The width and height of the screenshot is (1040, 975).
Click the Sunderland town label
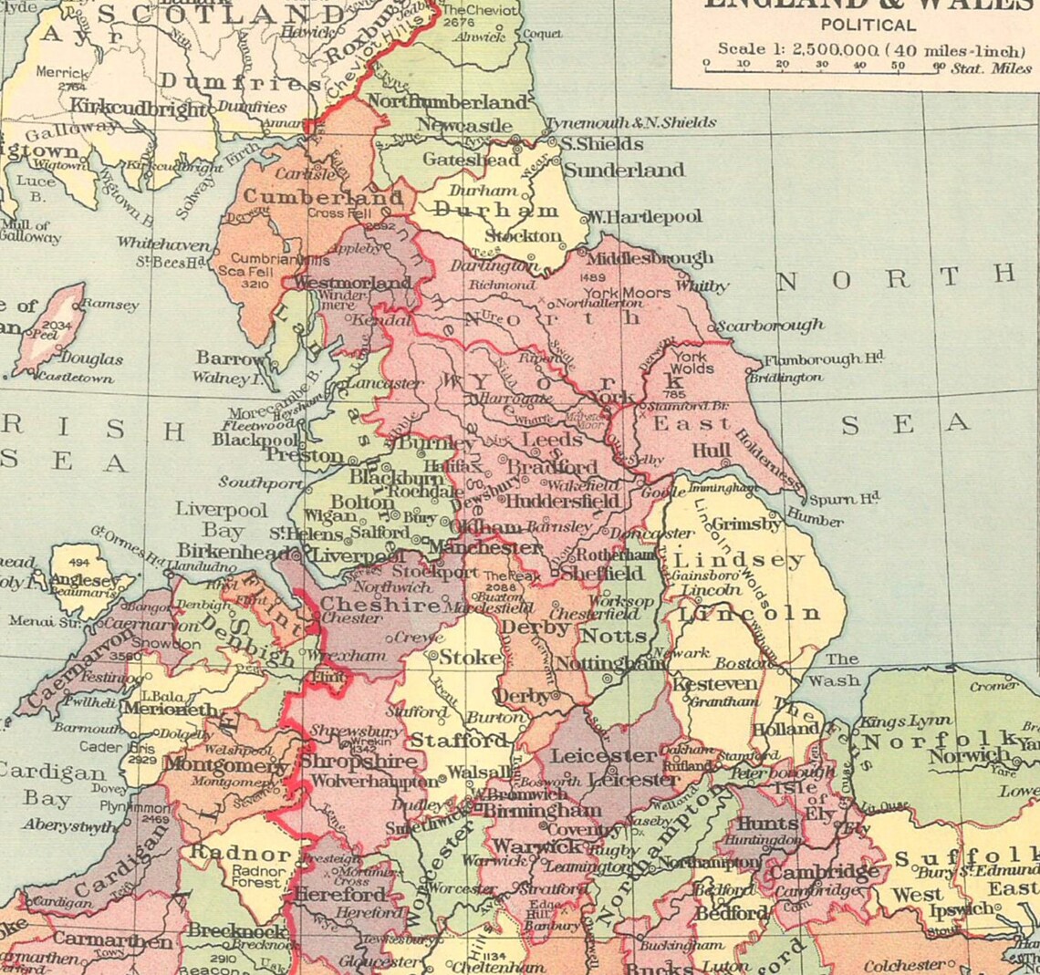623,171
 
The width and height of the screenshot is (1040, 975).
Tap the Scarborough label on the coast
770,326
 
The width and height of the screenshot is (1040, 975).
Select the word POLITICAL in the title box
868,26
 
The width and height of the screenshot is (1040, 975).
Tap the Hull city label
712,451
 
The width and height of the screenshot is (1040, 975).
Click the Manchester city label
485,548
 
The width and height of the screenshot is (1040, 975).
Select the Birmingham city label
541,810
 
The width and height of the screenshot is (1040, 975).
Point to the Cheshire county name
380,604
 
